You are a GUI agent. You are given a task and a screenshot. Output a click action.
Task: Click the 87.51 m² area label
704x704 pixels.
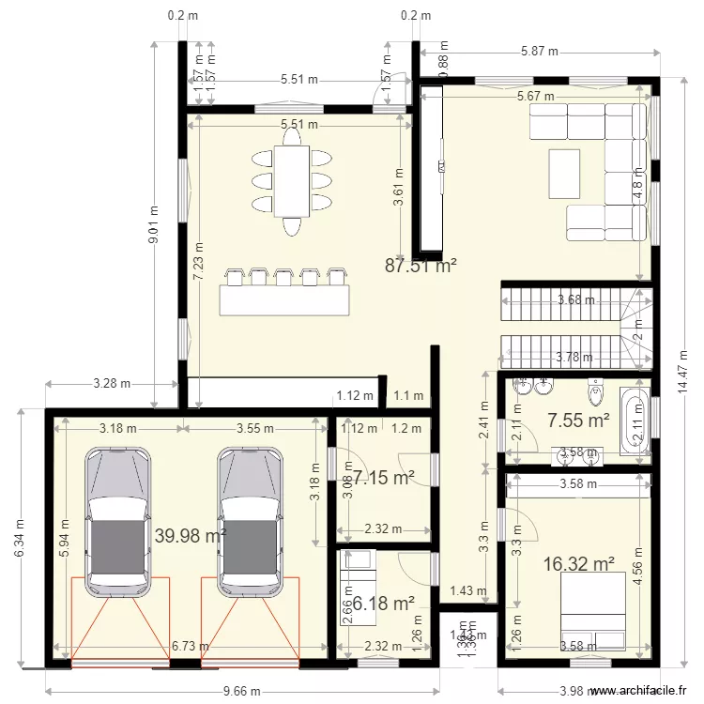click(421, 266)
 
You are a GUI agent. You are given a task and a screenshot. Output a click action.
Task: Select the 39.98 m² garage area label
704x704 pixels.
click(191, 536)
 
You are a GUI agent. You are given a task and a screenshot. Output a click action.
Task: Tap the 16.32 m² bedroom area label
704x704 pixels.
click(579, 564)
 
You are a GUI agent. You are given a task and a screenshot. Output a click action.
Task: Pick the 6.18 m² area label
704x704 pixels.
click(382, 602)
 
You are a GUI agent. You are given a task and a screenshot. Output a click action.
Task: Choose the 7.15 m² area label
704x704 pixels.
click(383, 478)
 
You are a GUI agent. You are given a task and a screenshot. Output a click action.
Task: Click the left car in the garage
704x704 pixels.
click(118, 522)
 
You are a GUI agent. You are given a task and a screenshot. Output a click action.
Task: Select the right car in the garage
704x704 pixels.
click(251, 522)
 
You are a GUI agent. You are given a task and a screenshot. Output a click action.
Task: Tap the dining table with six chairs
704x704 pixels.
click(292, 180)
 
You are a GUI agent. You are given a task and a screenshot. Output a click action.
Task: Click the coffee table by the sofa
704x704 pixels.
click(565, 175)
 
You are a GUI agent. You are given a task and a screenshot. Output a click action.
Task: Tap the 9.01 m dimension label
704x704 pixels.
click(154, 225)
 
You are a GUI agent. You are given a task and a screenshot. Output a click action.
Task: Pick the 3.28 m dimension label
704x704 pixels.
click(112, 384)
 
